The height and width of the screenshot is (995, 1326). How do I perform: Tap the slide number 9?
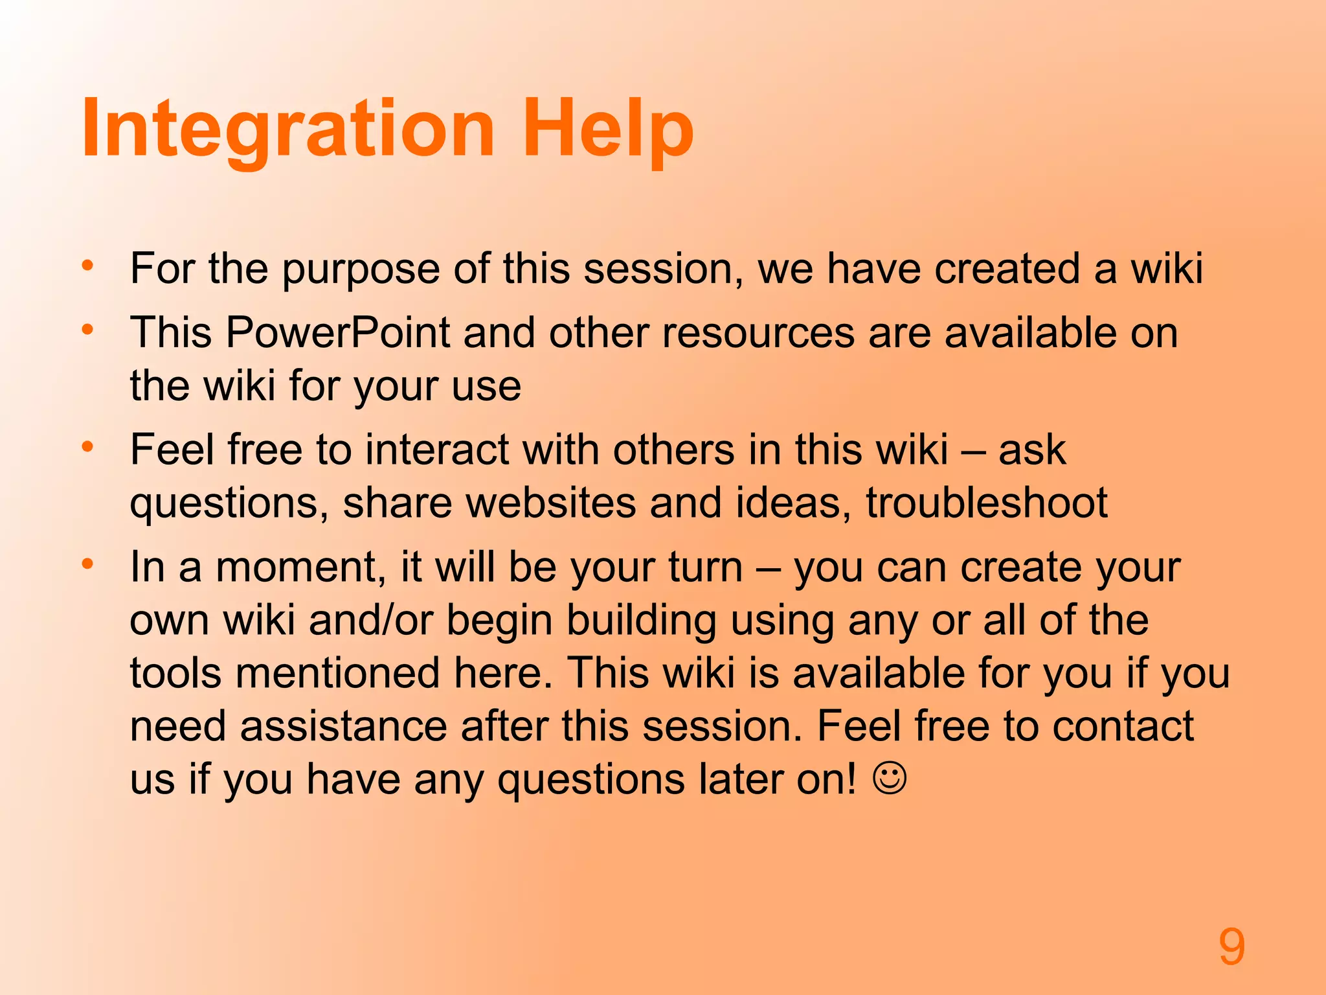(x=1231, y=947)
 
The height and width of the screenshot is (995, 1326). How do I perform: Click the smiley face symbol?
(x=890, y=777)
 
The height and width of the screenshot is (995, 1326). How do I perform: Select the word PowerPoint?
(x=337, y=333)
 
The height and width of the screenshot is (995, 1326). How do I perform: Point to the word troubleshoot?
(x=987, y=503)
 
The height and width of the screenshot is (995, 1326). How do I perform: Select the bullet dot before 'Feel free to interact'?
(x=88, y=447)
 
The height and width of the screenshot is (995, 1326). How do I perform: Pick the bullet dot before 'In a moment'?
(x=88, y=564)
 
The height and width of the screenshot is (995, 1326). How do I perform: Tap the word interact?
(x=437, y=450)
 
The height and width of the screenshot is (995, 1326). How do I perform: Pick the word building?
(x=642, y=620)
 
